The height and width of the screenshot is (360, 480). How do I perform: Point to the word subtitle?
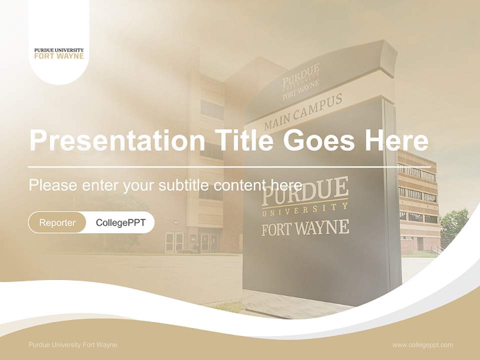(x=183, y=185)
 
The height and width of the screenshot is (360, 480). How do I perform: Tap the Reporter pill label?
(x=57, y=222)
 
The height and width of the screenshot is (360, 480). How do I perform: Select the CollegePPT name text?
(x=120, y=222)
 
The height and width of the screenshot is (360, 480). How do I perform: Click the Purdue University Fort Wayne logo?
(x=59, y=53)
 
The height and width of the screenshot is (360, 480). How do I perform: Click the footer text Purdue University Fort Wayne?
(x=73, y=344)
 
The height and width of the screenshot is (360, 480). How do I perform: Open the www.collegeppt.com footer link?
(x=422, y=344)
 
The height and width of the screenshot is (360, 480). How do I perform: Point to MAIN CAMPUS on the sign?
(x=303, y=112)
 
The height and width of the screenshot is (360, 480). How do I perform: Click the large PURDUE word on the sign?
(x=305, y=190)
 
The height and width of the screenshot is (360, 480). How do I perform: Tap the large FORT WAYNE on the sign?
(x=305, y=228)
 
